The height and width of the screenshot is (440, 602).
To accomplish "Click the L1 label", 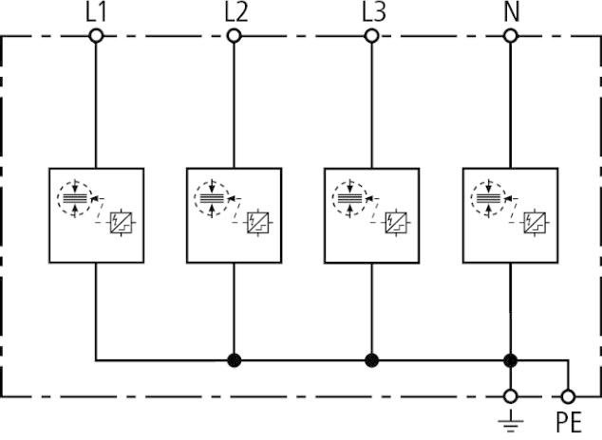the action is click(x=95, y=12).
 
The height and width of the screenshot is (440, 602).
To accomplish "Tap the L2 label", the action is click(x=235, y=12).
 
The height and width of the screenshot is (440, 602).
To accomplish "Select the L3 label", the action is click(x=373, y=12).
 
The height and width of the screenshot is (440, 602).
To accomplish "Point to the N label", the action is click(x=512, y=12).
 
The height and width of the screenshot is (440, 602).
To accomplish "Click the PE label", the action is click(x=569, y=422).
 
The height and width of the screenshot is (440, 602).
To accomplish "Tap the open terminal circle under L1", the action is click(x=96, y=36).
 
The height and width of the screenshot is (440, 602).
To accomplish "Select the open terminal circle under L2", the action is click(x=234, y=36).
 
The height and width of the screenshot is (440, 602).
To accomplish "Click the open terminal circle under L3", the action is click(x=371, y=36).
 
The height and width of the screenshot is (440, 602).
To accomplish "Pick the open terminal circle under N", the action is click(x=510, y=36).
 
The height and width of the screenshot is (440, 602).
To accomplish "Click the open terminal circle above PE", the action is click(x=568, y=396).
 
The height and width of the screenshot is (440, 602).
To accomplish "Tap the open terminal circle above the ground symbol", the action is click(x=510, y=396).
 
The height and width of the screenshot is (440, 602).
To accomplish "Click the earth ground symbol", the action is click(x=511, y=422).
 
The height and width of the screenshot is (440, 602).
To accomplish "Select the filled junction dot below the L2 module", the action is click(x=235, y=360).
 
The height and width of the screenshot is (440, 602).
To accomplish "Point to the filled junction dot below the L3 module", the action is click(x=371, y=360).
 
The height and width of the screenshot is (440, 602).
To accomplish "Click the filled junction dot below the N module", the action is click(x=510, y=360).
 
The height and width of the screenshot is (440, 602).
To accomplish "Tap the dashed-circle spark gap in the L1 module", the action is click(x=75, y=198).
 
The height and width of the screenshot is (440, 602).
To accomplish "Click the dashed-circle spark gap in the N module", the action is click(x=489, y=198).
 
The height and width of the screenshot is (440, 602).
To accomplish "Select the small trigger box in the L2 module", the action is click(x=258, y=223).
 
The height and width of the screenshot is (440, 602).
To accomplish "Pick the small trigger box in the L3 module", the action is click(x=396, y=223).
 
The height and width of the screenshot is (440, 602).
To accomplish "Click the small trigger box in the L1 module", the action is click(x=121, y=223).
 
